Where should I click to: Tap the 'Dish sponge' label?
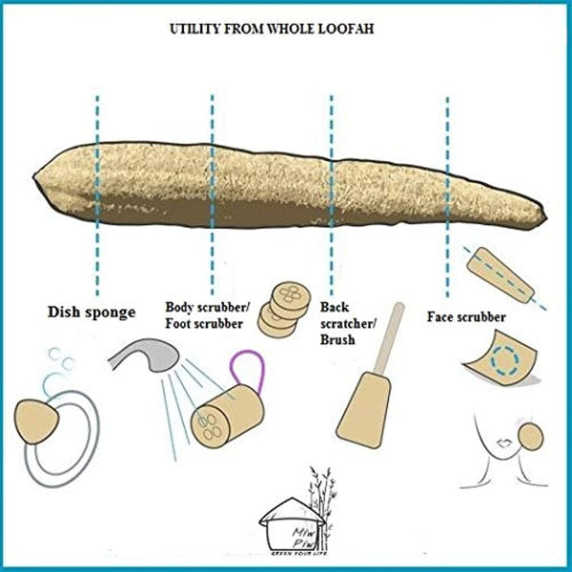[91, 311]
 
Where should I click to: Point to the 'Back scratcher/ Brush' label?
[343, 322]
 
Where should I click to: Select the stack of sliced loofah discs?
[283, 304]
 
